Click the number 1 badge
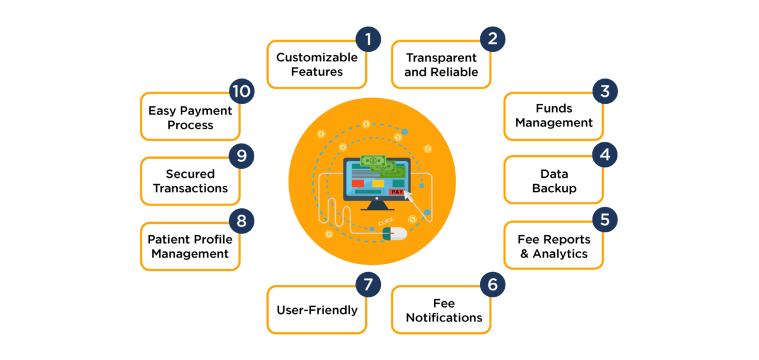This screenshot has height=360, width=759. tap(368, 39)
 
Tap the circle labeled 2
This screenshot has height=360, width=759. tap(492, 39)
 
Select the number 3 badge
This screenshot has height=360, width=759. tap(605, 91)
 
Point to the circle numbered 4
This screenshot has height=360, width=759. tap(605, 155)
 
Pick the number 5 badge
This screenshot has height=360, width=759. tap(605, 220)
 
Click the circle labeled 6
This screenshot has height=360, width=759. tap(492, 285)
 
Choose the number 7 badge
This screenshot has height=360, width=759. tap(368, 285)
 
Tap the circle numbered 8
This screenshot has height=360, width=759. tap(242, 221)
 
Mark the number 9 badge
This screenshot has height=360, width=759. tap(242, 156)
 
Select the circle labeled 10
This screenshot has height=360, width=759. tap(242, 91)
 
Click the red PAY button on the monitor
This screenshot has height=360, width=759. tap(397, 191)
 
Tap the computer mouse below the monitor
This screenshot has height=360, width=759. tap(394, 233)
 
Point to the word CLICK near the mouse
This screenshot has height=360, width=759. tap(385, 221)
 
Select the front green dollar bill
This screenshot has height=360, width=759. tap(373, 161)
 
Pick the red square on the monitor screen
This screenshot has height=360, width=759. tap(358, 183)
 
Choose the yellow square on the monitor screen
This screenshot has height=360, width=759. tap(378, 183)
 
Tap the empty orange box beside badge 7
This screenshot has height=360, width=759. tap(316, 310)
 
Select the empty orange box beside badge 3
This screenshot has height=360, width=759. tap(553, 116)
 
